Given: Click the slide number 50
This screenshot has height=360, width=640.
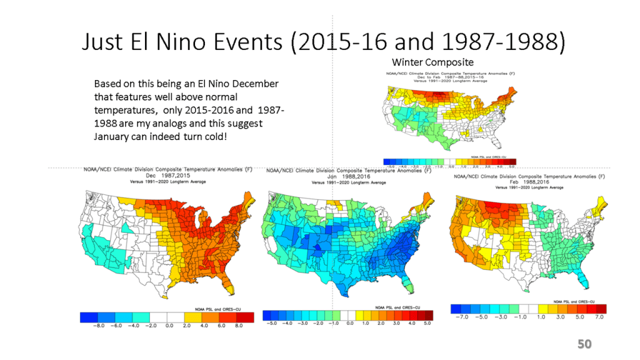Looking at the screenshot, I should coord(584,344).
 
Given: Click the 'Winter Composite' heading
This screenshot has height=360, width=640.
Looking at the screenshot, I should coord(432,62).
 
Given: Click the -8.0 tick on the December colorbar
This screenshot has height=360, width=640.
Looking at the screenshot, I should coord(99,326).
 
